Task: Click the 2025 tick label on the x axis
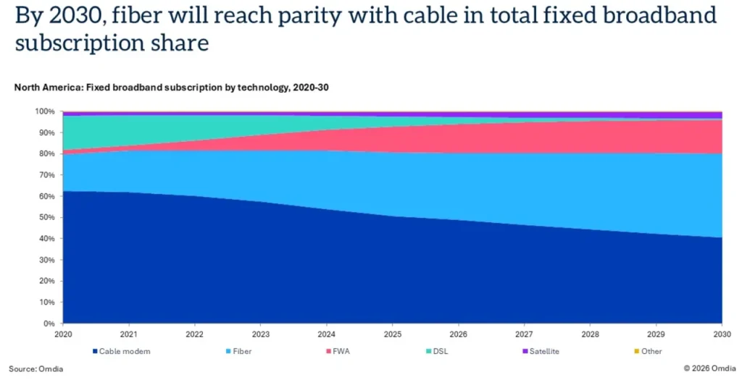(x=392, y=334)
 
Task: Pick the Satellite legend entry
(x=543, y=351)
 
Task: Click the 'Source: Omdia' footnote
(x=36, y=368)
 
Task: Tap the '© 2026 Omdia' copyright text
(x=709, y=368)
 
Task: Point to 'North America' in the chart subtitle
(x=47, y=88)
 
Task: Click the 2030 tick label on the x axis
(x=721, y=334)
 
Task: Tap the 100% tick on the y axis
(x=46, y=111)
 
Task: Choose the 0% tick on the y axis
(x=50, y=324)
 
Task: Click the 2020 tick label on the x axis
(x=63, y=334)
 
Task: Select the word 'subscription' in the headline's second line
(x=86, y=43)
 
